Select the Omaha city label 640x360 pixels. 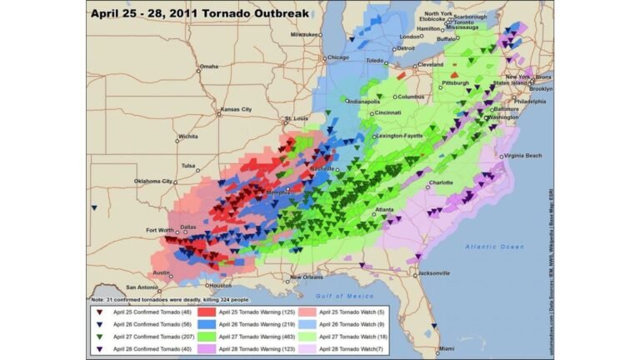click(x=207, y=67)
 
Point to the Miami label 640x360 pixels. click(x=445, y=348)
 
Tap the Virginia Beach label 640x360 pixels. click(x=524, y=156)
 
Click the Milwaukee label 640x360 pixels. click(x=304, y=34)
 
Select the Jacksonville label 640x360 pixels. click(x=433, y=272)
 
